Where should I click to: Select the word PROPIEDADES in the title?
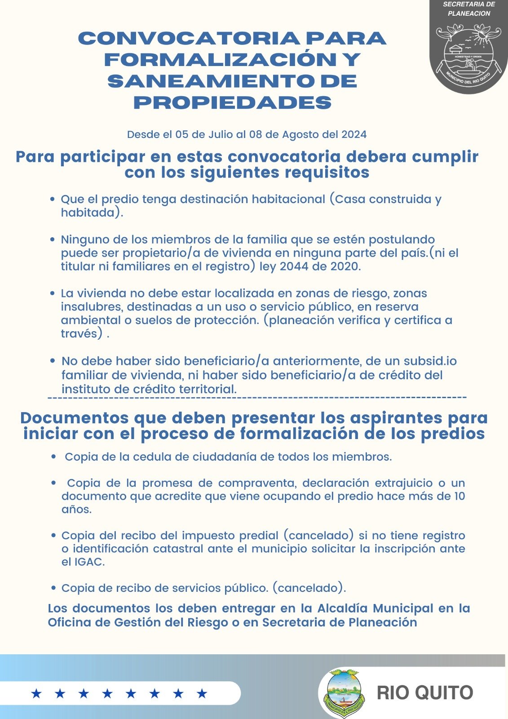[233, 103]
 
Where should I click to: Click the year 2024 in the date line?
[354, 134]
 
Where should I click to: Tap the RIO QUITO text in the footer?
[424, 692]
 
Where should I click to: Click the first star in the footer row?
[36, 694]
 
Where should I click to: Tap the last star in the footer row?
[202, 694]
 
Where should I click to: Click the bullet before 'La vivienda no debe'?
[53, 293]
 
